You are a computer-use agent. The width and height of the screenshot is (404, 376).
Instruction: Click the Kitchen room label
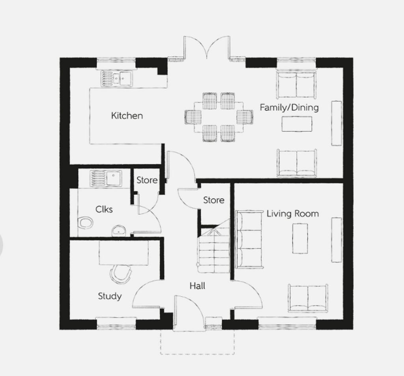[127, 115]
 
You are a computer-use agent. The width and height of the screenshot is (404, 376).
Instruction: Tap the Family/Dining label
[289, 107]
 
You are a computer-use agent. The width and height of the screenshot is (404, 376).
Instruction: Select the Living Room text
[293, 214]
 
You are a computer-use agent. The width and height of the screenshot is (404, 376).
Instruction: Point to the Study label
[110, 296]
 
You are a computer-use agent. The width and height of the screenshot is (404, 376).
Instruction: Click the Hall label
[197, 286]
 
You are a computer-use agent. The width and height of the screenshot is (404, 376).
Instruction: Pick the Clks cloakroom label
[104, 209]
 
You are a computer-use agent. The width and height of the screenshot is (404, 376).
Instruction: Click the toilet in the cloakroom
[85, 223]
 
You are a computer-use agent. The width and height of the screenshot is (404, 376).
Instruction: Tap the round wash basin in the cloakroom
[118, 231]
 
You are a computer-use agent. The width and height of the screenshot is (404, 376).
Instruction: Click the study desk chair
[121, 274]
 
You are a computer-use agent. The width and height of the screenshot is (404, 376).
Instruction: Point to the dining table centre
[219, 117]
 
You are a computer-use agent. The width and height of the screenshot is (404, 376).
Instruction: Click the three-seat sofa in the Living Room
[249, 239]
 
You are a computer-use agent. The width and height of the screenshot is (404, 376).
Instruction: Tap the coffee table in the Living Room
[300, 238]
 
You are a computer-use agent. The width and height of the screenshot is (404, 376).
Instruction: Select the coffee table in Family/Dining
[297, 124]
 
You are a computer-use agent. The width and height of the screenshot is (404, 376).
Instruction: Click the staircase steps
[213, 249]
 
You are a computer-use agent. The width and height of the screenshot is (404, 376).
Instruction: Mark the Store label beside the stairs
[213, 200]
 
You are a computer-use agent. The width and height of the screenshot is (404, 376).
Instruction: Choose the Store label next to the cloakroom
[147, 180]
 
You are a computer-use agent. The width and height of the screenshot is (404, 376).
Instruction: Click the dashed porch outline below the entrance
[197, 354]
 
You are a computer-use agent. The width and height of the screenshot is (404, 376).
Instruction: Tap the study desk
[123, 253]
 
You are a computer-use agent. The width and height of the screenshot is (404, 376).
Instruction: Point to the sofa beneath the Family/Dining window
[296, 85]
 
